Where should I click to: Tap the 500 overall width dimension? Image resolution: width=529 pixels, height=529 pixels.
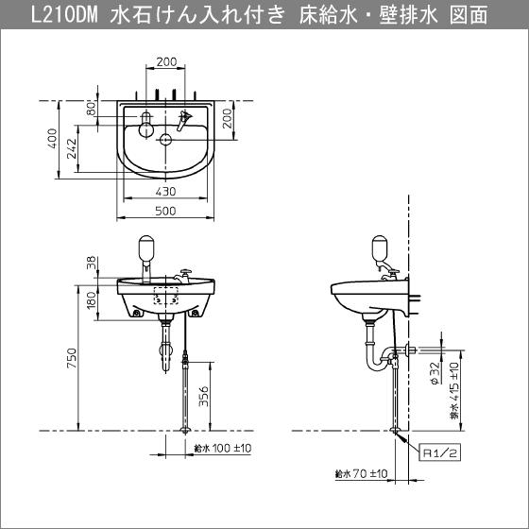[x=167, y=213]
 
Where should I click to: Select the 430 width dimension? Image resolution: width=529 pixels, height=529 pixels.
[x=167, y=192]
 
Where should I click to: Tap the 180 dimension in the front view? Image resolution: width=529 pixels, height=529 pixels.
[x=91, y=300]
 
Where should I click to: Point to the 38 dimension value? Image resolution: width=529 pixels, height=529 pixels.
[x=91, y=265]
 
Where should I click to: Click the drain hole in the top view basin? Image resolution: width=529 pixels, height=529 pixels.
[x=166, y=142]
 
